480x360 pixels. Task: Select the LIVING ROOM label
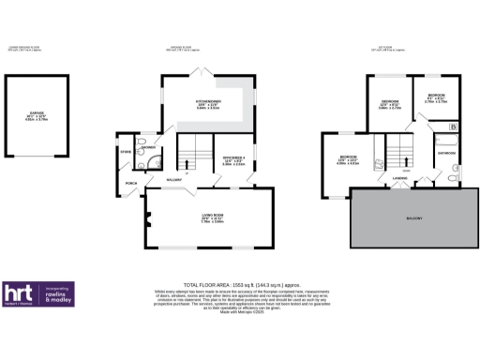pos(211,216)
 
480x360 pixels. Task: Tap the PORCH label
pos(131,182)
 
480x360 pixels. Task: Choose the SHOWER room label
pos(148,147)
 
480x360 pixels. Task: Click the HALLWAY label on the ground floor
pos(173,180)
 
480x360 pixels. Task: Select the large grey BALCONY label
pos(412,218)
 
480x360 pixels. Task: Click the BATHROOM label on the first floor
pos(445,152)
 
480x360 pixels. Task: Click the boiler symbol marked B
pos(454,127)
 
